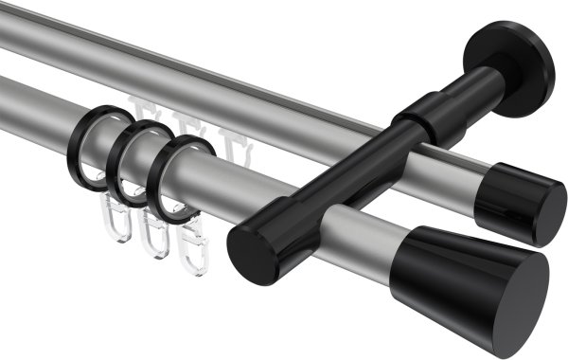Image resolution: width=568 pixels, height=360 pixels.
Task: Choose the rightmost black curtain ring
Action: pos(174,177)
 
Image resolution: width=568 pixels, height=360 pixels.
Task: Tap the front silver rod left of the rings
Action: pos(38,104)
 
